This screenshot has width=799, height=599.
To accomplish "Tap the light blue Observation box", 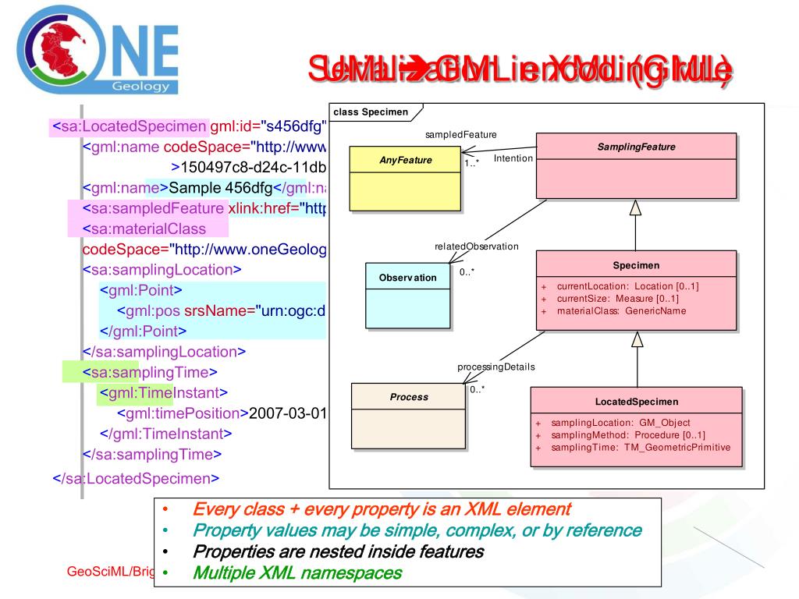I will [408, 295].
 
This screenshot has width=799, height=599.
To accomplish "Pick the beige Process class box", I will [409, 417].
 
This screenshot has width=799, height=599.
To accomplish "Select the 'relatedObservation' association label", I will [476, 246].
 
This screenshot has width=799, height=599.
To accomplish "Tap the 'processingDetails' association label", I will [495, 367].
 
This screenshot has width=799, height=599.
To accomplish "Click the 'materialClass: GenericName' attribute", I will [621, 311].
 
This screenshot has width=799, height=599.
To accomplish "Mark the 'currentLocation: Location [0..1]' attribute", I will [627, 286].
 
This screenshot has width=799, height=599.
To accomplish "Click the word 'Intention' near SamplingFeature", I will [513, 158].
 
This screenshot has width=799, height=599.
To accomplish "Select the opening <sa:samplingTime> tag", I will [149, 372].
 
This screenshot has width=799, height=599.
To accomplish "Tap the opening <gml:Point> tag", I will [141, 290].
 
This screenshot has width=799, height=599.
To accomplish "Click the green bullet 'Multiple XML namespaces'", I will [297, 573].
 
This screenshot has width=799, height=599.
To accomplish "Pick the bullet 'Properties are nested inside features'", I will [338, 552].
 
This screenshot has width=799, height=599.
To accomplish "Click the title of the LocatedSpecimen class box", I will [637, 402].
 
